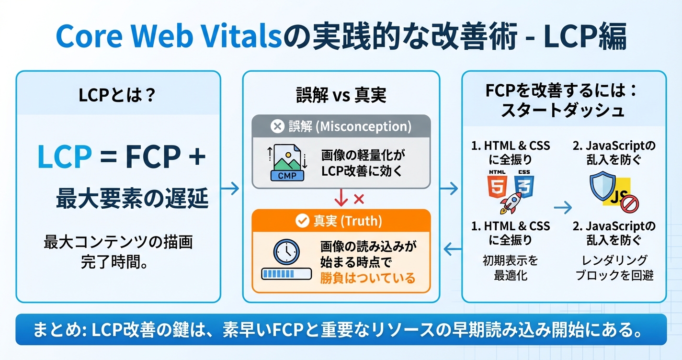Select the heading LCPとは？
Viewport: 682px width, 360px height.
[118, 95]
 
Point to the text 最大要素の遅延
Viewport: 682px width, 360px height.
[132, 198]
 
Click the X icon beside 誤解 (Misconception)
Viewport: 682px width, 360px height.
[277, 126]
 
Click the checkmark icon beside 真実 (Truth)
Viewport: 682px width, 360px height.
[302, 221]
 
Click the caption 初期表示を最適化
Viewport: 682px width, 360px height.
[510, 268]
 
